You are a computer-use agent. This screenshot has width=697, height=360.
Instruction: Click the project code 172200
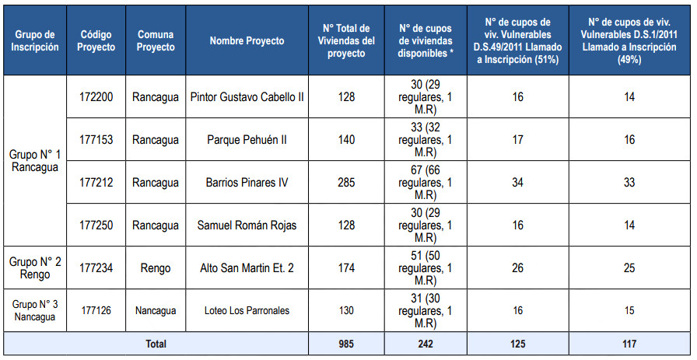click(x=96, y=97)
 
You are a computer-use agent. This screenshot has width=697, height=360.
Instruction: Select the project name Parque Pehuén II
click(x=247, y=140)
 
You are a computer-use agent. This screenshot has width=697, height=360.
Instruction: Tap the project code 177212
click(x=96, y=183)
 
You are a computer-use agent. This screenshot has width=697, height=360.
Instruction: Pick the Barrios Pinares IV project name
click(x=247, y=183)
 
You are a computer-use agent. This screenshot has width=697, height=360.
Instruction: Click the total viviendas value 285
click(x=346, y=183)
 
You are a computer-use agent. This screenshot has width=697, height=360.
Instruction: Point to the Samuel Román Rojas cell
click(x=247, y=225)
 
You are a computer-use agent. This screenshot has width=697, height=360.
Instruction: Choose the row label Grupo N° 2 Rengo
click(x=35, y=268)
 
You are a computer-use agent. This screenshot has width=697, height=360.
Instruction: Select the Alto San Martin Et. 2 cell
click(x=247, y=268)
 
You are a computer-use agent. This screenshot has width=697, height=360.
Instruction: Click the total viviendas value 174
click(x=346, y=268)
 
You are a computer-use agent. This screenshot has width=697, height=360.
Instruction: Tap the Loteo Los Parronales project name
click(x=247, y=310)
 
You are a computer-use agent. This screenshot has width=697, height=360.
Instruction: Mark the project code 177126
click(x=96, y=310)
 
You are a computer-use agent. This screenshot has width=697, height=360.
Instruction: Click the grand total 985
click(x=346, y=343)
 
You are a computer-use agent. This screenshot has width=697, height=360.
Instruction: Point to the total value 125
click(x=518, y=343)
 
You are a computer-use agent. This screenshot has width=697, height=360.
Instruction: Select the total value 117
click(x=630, y=343)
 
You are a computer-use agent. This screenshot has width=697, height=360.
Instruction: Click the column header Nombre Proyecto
click(x=247, y=40)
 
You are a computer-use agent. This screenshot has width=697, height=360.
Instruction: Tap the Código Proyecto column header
click(x=96, y=40)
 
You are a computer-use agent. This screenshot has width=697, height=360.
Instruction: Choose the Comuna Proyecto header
click(x=155, y=40)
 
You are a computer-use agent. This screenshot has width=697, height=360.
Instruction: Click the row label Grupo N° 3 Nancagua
click(x=35, y=310)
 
